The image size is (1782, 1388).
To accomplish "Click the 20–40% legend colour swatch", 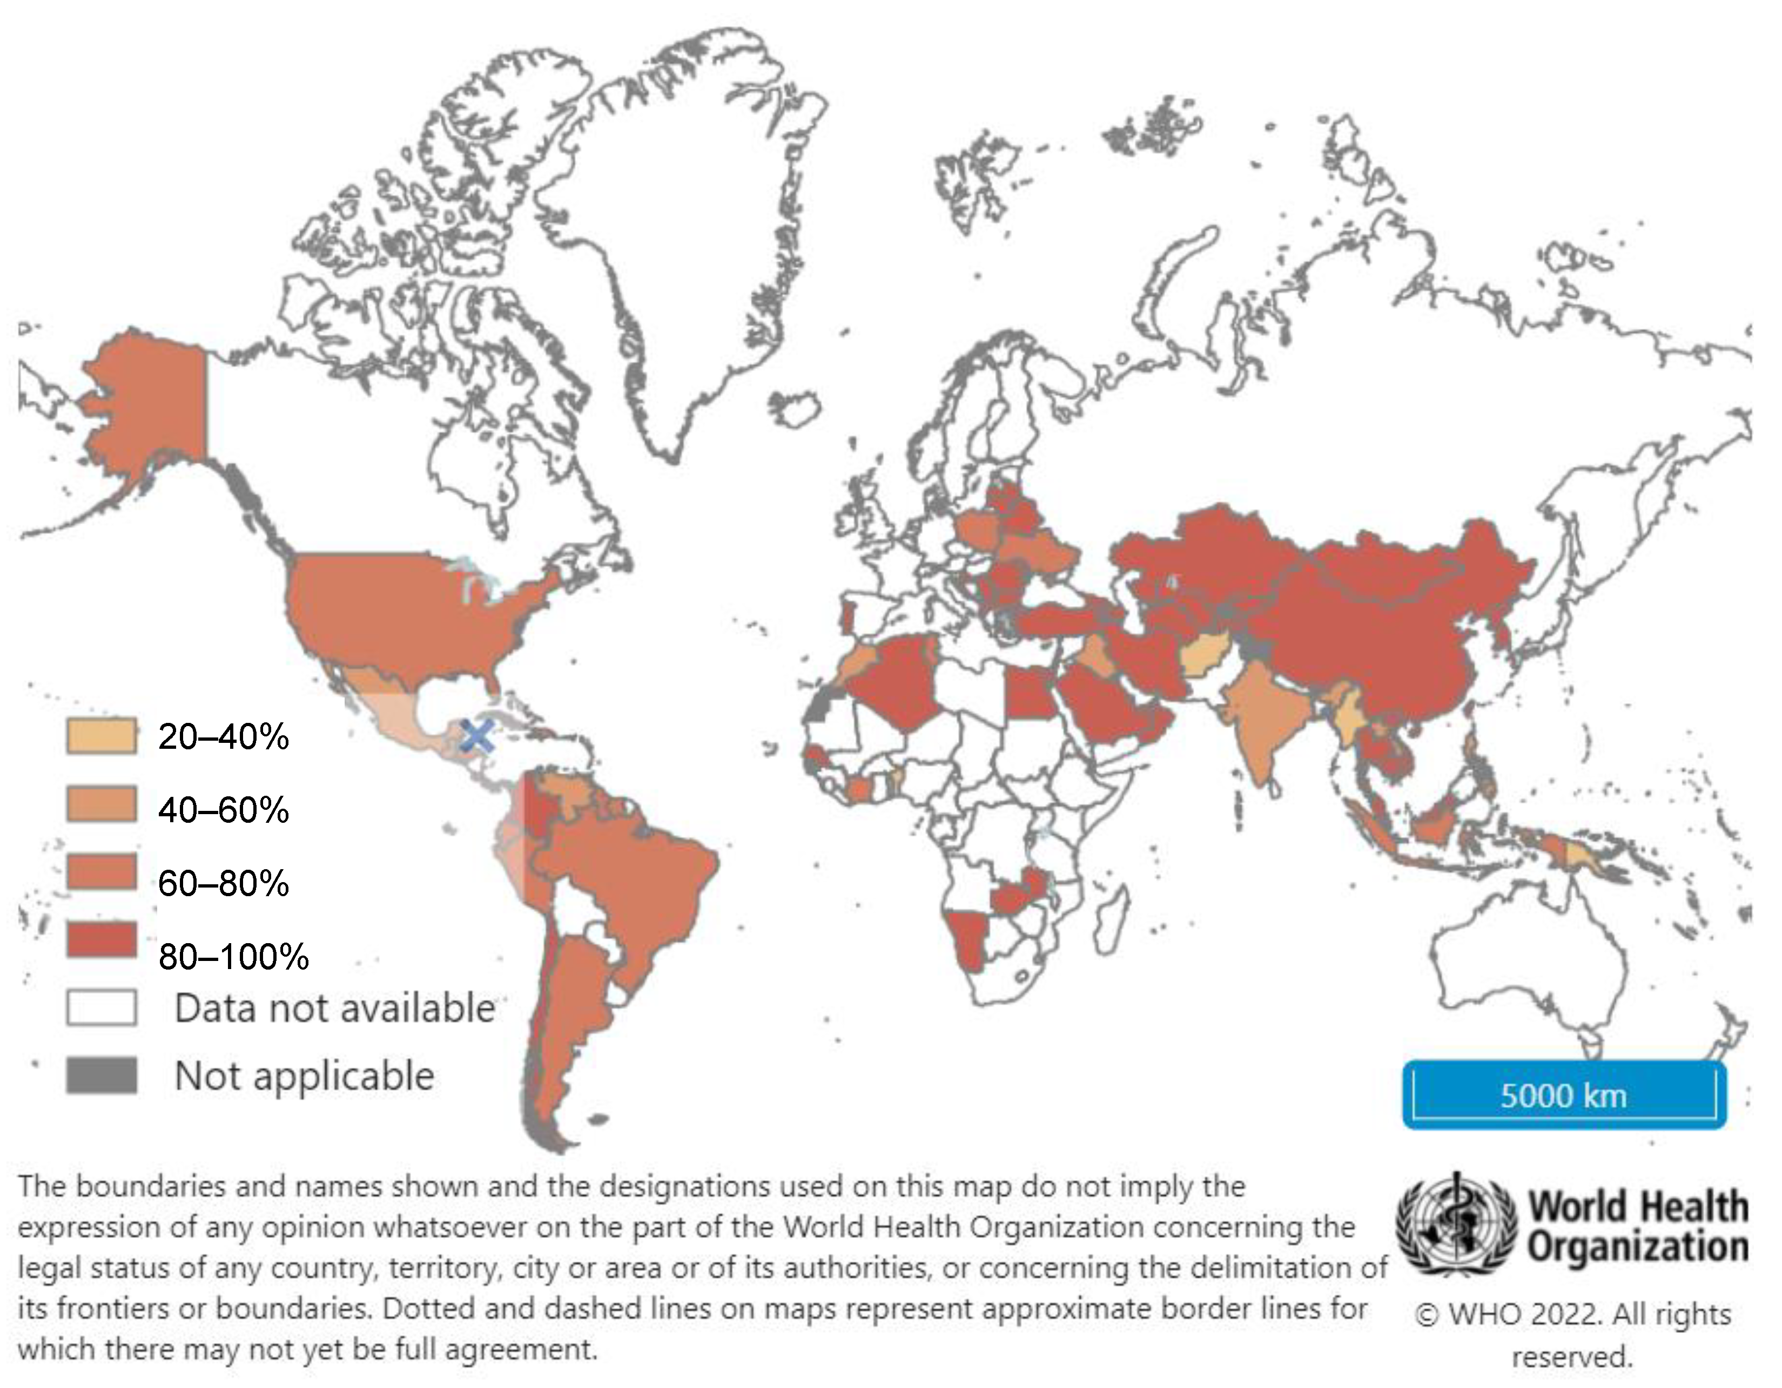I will pyautogui.click(x=101, y=736).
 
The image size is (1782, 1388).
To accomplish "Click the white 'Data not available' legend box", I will pyautogui.click(x=101, y=1007).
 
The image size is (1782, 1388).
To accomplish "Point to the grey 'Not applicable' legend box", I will pyautogui.click(x=101, y=1075).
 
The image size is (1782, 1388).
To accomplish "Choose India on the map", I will pyautogui.click(x=1265, y=717).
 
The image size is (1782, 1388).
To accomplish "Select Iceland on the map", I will pyautogui.click(x=796, y=407).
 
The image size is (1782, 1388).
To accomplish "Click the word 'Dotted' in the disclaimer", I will pyautogui.click(x=423, y=1308).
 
